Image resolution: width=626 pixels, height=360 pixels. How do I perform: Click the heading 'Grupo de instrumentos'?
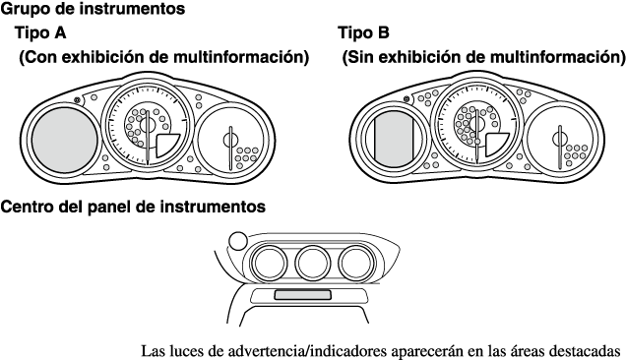click(93, 9)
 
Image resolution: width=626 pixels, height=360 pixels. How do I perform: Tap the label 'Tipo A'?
click(40, 32)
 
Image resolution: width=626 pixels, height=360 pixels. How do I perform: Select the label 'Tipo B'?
click(364, 32)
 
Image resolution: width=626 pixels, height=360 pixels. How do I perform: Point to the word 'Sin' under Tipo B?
click(357, 57)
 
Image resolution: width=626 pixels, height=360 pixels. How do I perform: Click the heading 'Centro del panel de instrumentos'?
click(133, 207)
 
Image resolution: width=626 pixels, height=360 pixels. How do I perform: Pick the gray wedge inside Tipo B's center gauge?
click(495, 145)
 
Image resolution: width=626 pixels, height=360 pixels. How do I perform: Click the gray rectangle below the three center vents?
click(302, 295)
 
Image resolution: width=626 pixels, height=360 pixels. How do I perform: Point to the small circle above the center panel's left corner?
click(238, 241)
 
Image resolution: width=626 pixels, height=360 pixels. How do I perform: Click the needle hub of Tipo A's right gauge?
click(230, 140)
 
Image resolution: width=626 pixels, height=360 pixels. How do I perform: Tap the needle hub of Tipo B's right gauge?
click(560, 140)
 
